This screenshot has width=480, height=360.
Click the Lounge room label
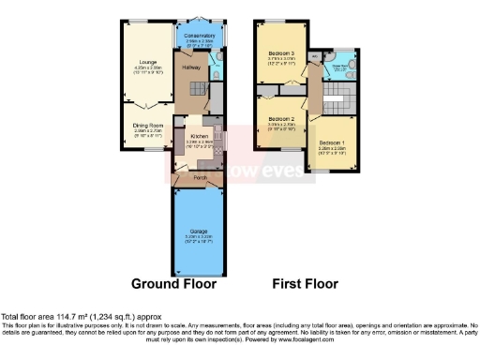pos(144,62)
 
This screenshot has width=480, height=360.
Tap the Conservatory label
pos(200,37)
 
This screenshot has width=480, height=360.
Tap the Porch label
pos(200,176)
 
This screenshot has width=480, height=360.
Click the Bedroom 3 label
pos(279,53)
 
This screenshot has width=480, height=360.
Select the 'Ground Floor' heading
pos(173,283)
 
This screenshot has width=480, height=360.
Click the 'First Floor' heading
pos(305,283)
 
